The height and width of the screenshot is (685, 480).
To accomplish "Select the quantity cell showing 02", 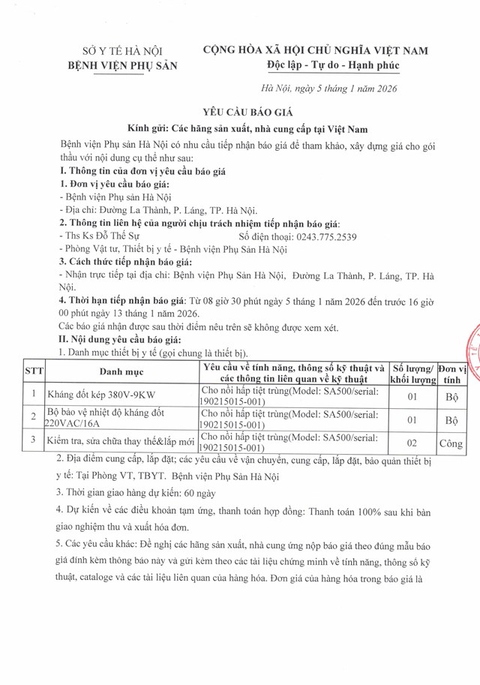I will [x=412, y=443].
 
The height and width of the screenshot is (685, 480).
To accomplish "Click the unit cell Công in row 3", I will [x=452, y=443].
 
